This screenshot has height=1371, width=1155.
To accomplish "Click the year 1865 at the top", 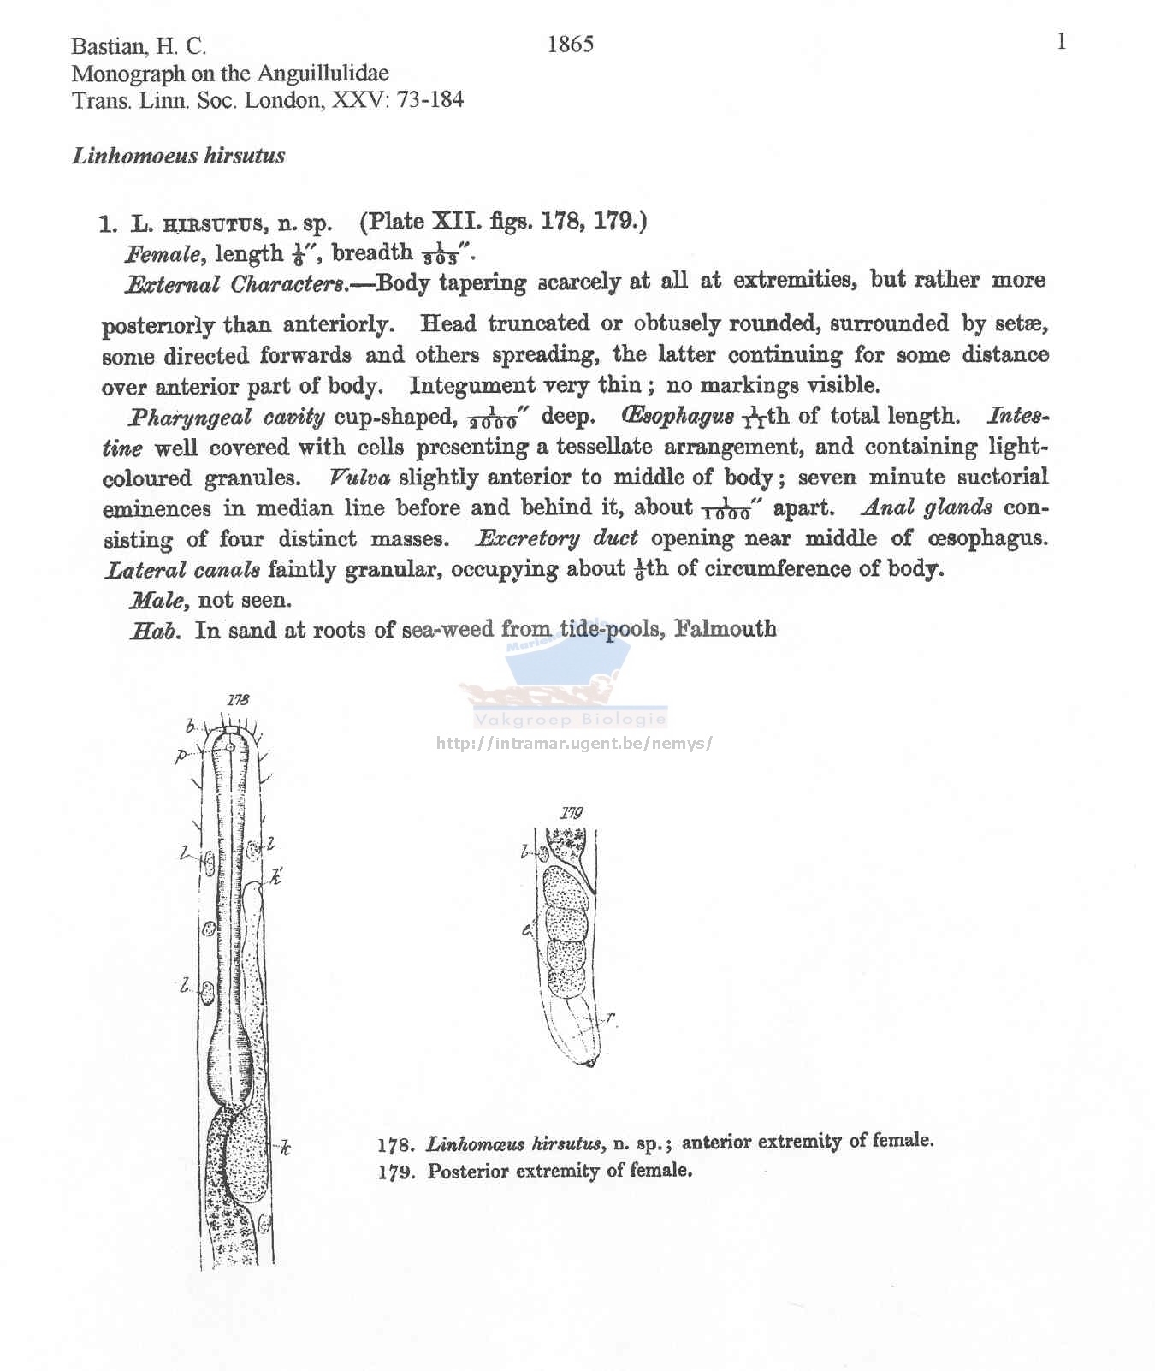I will (x=570, y=45).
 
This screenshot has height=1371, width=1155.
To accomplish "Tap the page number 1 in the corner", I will (x=1062, y=42).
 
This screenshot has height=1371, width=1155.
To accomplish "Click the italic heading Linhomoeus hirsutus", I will (x=179, y=156).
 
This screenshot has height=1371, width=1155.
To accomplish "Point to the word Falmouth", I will (x=725, y=629).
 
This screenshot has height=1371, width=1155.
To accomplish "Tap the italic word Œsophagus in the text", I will (x=678, y=416).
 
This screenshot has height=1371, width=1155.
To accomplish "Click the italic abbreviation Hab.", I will (x=155, y=631).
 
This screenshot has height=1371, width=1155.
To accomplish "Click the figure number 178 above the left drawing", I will (x=239, y=700).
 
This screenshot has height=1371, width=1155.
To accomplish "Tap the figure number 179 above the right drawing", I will (x=571, y=812).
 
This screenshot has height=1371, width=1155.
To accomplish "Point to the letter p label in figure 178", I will (x=181, y=756).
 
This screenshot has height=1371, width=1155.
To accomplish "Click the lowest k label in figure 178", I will (x=286, y=1148).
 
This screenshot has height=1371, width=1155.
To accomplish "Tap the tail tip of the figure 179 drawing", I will (x=589, y=1064).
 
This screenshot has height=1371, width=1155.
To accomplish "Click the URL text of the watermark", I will (x=574, y=743).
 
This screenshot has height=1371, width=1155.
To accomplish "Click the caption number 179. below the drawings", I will (x=396, y=1172).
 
